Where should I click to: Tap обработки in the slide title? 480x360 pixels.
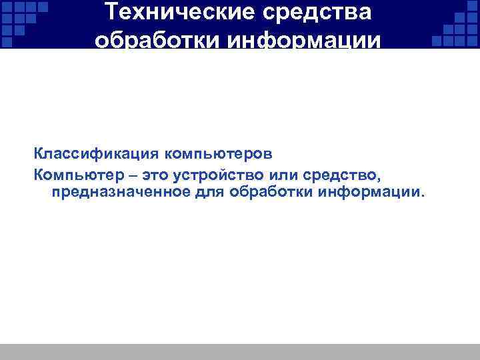click(x=157, y=41)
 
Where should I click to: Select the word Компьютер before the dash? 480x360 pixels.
click(x=77, y=175)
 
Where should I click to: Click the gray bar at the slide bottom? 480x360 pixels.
click(x=240, y=352)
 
